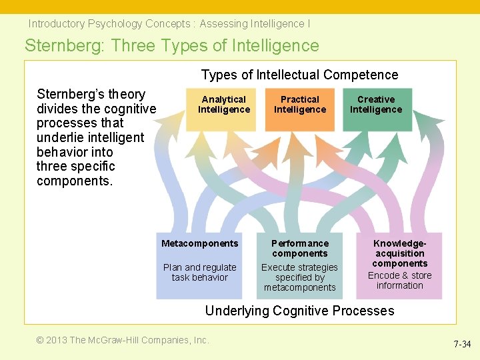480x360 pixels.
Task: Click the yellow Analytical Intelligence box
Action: [224, 109]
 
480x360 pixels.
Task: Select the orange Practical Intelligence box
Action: [300, 109]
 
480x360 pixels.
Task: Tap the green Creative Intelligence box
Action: [376, 109]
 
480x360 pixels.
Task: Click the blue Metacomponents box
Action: [199, 265]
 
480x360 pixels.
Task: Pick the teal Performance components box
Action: [299, 265]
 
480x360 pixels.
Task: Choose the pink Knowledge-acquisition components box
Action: [399, 265]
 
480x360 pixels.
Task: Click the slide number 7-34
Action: [462, 345]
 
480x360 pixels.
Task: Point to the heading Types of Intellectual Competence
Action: [299, 75]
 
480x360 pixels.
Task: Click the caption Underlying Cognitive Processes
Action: [299, 311]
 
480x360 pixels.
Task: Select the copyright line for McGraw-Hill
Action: [123, 340]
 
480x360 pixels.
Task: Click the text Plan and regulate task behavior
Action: [199, 272]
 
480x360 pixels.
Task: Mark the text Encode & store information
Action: [399, 280]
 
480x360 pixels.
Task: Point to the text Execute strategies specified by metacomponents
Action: [299, 277]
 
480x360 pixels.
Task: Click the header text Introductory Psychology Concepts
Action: [109, 24]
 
